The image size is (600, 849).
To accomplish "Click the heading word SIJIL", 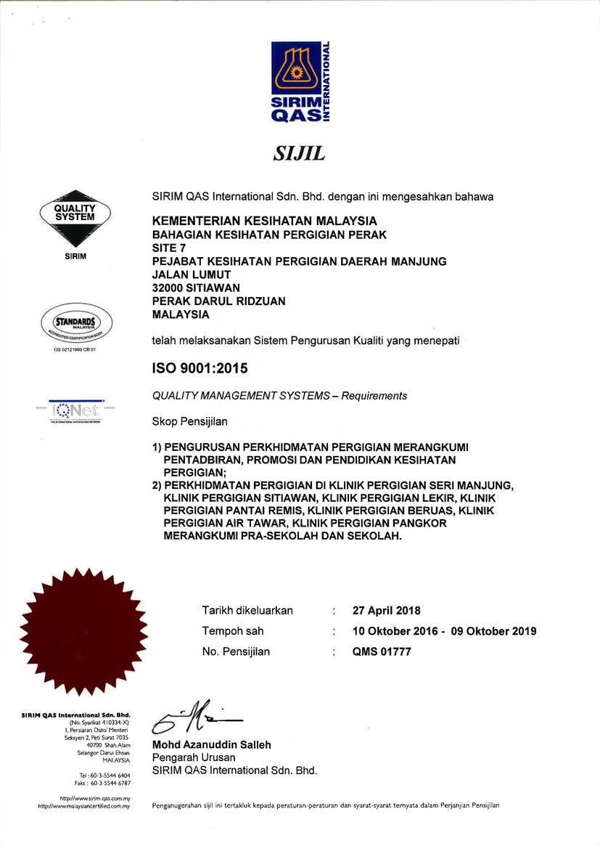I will point(299,153).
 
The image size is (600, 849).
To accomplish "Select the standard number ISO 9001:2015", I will point(200,369).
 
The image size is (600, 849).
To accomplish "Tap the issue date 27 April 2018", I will point(387,611).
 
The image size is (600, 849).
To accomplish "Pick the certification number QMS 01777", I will point(382,651).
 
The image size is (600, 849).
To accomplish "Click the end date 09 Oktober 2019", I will point(494,631).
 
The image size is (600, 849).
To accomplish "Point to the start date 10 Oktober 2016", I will point(395,631).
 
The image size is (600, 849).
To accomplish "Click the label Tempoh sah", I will point(233,631).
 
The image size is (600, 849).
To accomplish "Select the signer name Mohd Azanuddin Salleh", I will point(211,744).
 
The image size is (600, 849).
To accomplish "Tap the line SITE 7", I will point(168,248).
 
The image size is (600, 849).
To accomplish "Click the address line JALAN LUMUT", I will point(192,275).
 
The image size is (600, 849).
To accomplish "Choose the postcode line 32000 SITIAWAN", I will point(196,288).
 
